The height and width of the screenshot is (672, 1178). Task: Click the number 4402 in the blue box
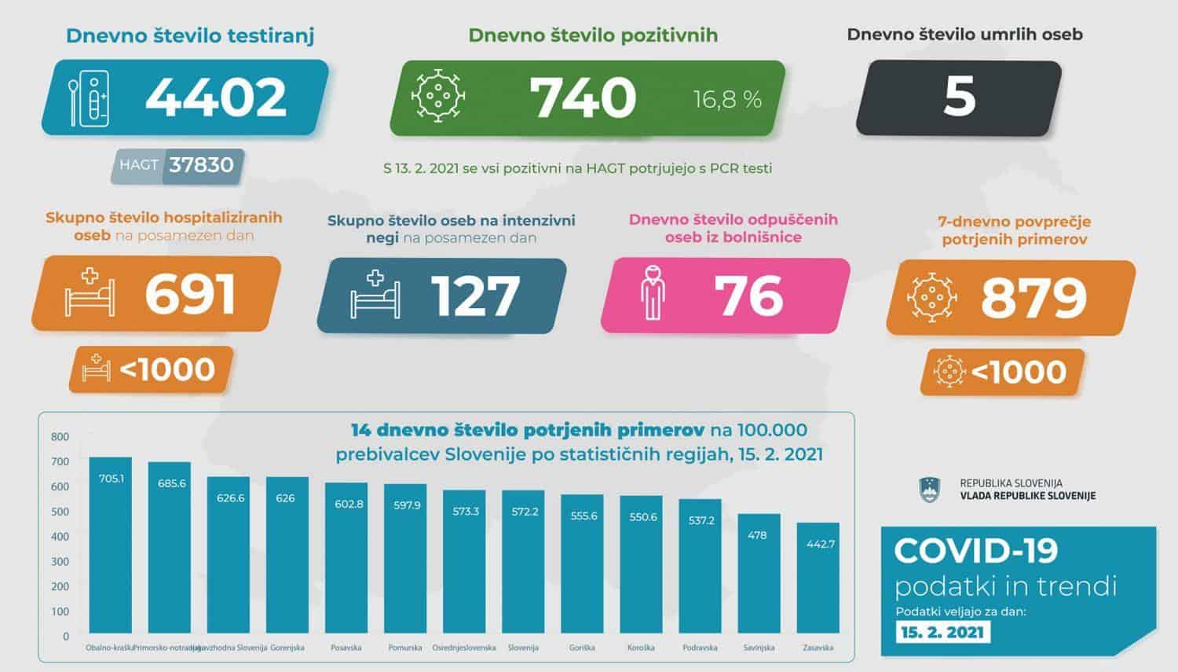click(x=216, y=97)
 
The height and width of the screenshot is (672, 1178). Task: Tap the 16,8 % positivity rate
click(x=727, y=100)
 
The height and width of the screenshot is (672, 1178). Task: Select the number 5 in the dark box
click(x=959, y=97)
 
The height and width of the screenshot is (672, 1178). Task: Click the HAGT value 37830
click(x=202, y=165)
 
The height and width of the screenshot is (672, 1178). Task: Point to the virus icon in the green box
click(x=438, y=97)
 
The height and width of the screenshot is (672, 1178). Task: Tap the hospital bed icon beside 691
click(x=90, y=294)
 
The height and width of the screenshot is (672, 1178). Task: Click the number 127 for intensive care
click(x=475, y=296)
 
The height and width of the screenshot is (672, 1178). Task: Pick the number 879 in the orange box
click(x=1033, y=297)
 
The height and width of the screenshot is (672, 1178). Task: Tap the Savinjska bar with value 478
click(x=759, y=574)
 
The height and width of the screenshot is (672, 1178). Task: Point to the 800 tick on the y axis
click(x=60, y=436)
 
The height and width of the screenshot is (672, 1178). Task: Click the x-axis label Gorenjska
click(x=287, y=648)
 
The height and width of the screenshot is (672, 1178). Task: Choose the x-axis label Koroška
click(x=641, y=648)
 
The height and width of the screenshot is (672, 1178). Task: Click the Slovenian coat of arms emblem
click(x=929, y=490)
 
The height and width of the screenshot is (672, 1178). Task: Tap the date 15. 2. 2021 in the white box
click(x=942, y=633)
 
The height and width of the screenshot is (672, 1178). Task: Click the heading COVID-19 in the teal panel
click(x=976, y=551)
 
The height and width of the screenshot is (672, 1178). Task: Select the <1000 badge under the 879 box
click(x=1003, y=371)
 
